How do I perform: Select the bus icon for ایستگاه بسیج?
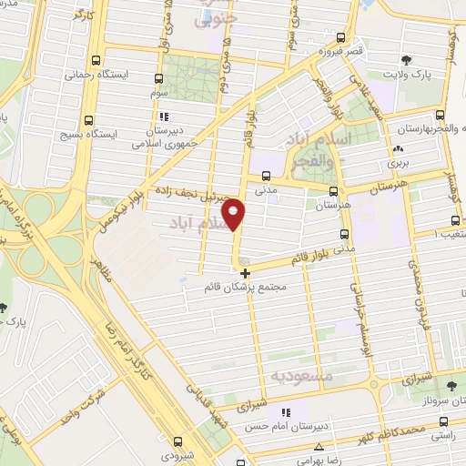pyautogui.click(x=88, y=119)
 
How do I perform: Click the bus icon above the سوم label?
pyautogui.click(x=159, y=78)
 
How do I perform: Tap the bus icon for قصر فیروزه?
pyautogui.click(x=340, y=37)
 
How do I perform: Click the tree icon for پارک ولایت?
pyautogui.click(x=406, y=62)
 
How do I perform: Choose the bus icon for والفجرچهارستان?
pyautogui.click(x=441, y=115)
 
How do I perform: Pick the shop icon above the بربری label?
pyautogui.click(x=396, y=150)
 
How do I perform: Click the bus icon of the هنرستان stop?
pyautogui.click(x=334, y=191)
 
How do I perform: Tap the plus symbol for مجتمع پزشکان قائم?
pyautogui.click(x=245, y=272)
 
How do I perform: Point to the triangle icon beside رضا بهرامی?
pyautogui.click(x=319, y=446)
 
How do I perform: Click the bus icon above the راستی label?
pyautogui.click(x=442, y=421)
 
